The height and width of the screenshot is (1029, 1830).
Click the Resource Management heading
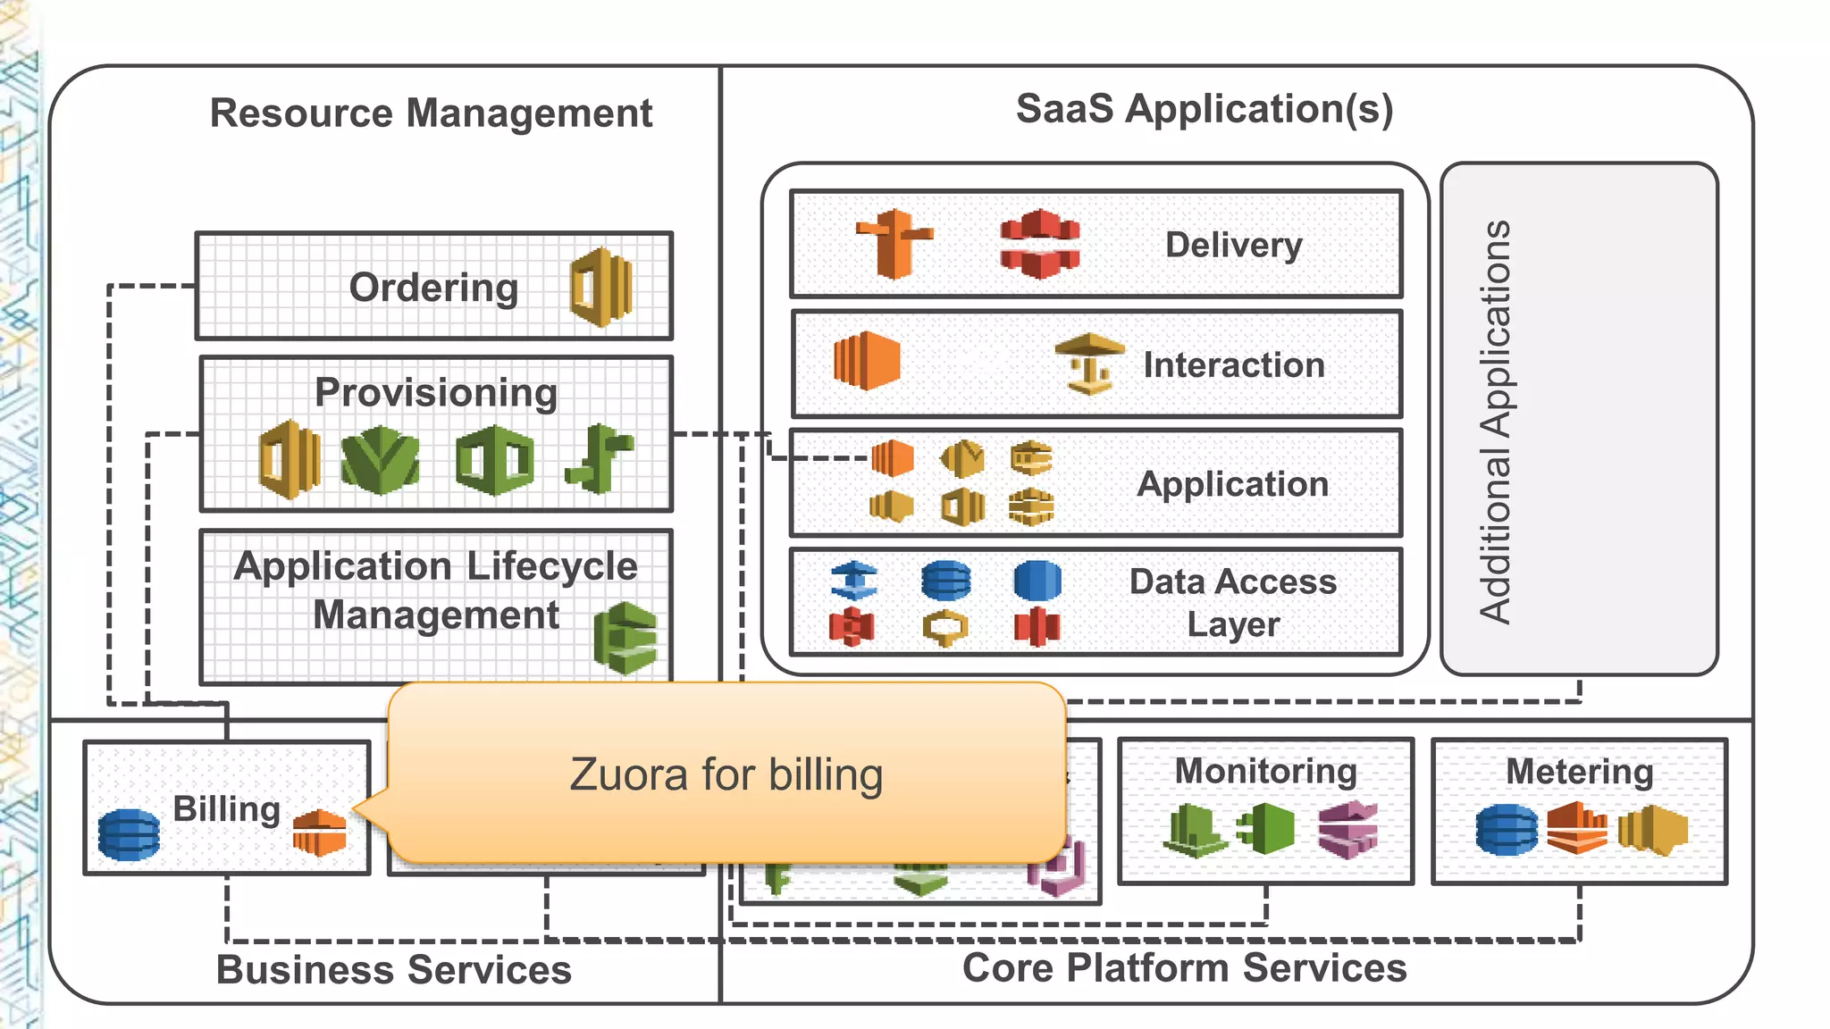[x=431, y=113]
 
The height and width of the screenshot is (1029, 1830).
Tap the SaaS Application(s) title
[x=1204, y=109]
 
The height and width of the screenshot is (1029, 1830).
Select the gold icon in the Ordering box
[x=601, y=287]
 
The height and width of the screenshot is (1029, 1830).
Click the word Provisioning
[x=436, y=393]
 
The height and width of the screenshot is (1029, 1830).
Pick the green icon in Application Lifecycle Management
[x=625, y=638]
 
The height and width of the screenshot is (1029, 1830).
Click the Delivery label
[x=1233, y=245]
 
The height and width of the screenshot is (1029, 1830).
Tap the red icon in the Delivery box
[x=1039, y=244]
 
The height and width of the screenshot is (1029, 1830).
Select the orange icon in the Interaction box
[x=866, y=361]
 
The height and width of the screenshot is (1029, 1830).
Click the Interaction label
[x=1233, y=365]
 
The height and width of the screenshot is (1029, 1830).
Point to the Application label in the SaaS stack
[x=1232, y=484]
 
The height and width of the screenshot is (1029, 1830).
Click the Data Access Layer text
[x=1233, y=602]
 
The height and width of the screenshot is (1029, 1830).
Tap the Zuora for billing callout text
[x=726, y=774]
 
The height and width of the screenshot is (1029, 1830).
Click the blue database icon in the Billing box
[x=129, y=834]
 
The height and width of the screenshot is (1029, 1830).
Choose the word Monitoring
[x=1265, y=771]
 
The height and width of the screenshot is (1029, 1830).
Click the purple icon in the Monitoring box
[x=1347, y=829]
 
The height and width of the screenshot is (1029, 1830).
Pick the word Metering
[x=1579, y=772]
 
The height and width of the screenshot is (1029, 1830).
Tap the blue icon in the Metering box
[x=1507, y=829]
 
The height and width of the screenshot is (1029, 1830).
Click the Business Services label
[x=393, y=970]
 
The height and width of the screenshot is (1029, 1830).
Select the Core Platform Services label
[x=1184, y=968]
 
